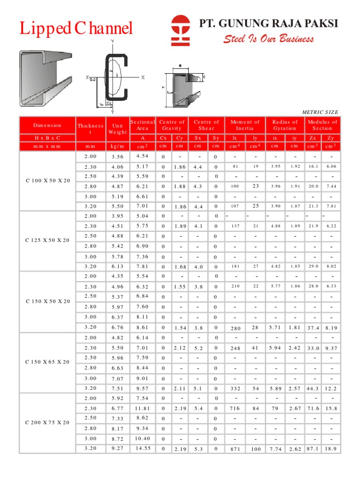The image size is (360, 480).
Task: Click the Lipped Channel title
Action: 76,29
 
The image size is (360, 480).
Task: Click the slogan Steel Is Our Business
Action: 268,39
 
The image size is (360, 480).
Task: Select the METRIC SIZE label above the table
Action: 320,112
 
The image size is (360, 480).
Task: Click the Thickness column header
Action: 90,128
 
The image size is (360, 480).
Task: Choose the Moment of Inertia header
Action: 245,125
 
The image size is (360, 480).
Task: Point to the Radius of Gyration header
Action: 285,125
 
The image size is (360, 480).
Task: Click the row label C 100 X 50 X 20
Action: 47,181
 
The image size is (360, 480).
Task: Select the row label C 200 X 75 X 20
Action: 47,422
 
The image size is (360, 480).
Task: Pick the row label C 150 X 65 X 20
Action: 47,362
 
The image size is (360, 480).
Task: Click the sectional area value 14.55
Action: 142,449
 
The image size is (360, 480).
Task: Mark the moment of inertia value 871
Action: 235,449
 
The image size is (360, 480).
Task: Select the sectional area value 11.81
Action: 142,409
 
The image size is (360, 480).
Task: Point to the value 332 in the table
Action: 235,389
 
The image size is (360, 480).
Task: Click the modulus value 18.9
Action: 331,449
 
